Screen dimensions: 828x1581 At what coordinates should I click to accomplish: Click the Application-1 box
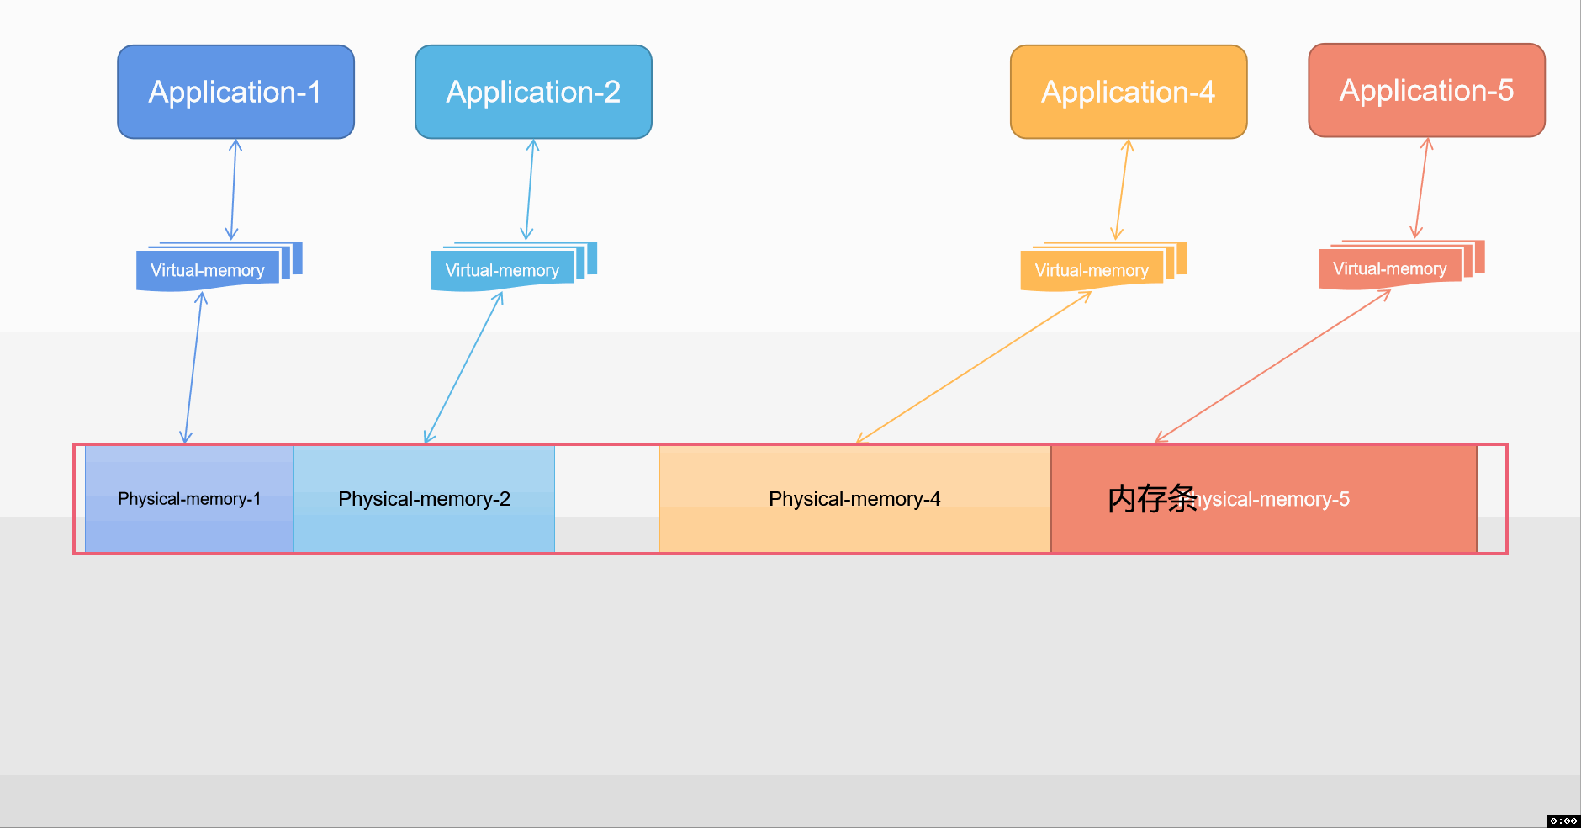click(x=235, y=92)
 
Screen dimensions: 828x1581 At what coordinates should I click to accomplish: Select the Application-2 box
click(x=533, y=92)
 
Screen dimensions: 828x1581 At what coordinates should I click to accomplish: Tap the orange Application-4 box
click(x=1128, y=92)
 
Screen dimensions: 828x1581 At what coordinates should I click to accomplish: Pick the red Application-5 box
click(x=1426, y=90)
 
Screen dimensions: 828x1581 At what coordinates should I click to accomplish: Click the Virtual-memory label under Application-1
click(x=207, y=270)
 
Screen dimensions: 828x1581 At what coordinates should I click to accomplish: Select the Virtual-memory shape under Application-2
click(x=502, y=270)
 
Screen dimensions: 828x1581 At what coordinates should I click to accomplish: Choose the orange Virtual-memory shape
click(x=1092, y=270)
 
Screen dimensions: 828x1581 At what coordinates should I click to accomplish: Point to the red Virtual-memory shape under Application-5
click(x=1389, y=268)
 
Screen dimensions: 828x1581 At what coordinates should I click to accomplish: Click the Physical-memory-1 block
click(x=189, y=499)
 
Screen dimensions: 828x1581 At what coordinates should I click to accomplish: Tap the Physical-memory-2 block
click(x=424, y=499)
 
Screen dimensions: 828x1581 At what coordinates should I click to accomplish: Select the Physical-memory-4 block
click(x=854, y=499)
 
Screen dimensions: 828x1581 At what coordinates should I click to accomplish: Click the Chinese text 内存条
click(x=1151, y=499)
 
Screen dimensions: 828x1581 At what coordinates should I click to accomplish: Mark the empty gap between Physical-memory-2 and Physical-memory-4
click(x=606, y=499)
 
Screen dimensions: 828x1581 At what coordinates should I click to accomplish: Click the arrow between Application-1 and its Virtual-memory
click(x=234, y=189)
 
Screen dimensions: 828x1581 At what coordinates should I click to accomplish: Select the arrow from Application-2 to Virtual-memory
click(x=530, y=189)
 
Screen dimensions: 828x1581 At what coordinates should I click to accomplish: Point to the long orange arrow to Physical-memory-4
click(x=973, y=367)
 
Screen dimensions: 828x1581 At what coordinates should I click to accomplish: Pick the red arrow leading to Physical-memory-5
click(x=1273, y=366)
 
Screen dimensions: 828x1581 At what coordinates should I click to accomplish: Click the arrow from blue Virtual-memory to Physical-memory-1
click(x=193, y=367)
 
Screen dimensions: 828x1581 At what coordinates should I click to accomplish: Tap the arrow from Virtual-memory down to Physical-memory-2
click(x=463, y=367)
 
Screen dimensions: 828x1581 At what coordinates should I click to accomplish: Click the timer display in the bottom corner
click(x=1562, y=820)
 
